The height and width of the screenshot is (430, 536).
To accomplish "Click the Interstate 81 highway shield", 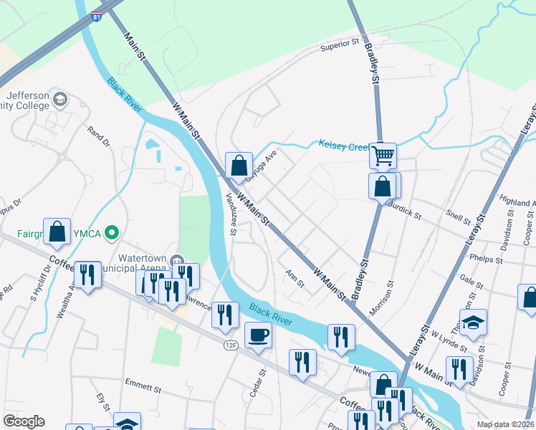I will pos(96,16).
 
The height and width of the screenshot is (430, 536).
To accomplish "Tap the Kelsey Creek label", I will pos(344,146).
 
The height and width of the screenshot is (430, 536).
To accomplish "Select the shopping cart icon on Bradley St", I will pos(383,156).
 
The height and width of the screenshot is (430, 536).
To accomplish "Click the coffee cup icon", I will pos(258,335).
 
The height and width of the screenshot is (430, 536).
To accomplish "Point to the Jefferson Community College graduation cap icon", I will pos(61,98).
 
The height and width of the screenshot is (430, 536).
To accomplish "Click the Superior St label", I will pos(339,45).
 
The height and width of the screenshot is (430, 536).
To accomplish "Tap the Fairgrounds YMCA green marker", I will pos(111,232).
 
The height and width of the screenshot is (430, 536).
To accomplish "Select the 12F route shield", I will pos(230,345).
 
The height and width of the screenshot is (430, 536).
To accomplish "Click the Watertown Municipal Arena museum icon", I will pos(178,260).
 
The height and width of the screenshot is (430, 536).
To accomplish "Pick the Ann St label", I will pos(295,278).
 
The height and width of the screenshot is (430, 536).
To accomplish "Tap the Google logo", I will pos(24,421).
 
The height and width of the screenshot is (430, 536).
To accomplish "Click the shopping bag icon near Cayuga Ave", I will pos(238,166).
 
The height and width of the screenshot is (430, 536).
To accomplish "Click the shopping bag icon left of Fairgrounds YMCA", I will pos(57,231).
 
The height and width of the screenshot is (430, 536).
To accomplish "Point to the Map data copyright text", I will pos(504,424).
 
